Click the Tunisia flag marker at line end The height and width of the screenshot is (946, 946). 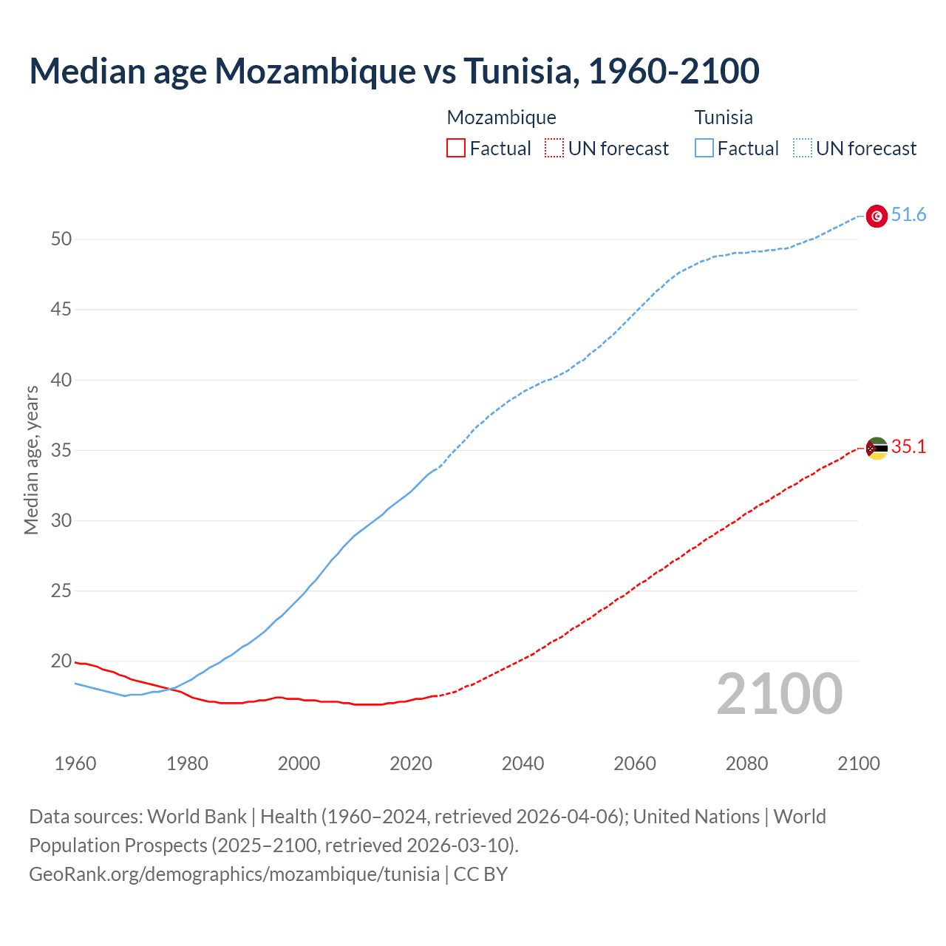[877, 216]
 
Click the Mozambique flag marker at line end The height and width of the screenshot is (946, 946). [877, 448]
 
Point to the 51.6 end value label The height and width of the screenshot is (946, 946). [908, 215]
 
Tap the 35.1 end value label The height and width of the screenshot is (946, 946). [908, 447]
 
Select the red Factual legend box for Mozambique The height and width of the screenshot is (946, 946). [456, 149]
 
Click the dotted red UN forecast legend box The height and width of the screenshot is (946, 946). [554, 149]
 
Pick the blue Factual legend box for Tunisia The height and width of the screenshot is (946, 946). [704, 149]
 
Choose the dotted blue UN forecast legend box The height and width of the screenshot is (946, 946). [803, 149]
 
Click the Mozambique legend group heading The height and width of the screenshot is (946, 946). [501, 118]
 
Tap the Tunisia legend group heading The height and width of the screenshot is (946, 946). [724, 118]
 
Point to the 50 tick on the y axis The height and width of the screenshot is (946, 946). [61, 239]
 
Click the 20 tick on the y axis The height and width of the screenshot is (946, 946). [61, 661]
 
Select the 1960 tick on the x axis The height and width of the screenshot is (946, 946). [75, 763]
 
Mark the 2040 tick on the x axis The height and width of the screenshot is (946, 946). [523, 763]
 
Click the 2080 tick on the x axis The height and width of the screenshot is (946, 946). [747, 763]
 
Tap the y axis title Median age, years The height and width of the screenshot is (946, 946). [32, 460]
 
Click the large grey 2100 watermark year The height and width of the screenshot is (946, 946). [780, 693]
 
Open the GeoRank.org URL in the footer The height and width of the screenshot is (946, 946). [234, 874]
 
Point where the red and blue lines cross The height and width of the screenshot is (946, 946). [172, 689]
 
